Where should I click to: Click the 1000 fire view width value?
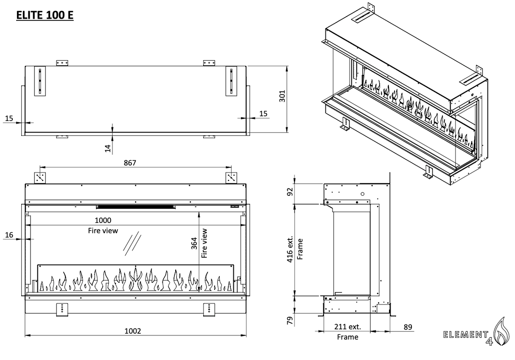[103, 220]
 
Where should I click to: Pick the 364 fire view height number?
[194, 243]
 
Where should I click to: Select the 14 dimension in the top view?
[108, 148]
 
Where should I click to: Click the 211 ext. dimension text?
[347, 327]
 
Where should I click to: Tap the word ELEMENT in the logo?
[465, 335]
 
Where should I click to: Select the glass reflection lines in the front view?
[133, 244]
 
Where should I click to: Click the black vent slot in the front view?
[135, 207]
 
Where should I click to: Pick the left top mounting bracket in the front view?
[41, 177]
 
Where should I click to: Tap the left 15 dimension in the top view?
[9, 118]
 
